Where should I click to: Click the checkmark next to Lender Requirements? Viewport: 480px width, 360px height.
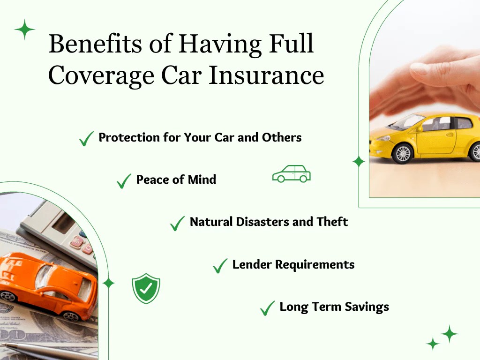(x=220, y=266)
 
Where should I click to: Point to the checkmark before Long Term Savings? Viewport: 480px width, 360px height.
(x=267, y=308)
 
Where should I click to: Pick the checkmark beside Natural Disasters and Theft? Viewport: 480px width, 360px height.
(x=178, y=223)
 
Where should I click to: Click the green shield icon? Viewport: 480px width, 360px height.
(x=146, y=288)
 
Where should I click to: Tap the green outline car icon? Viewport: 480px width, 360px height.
(x=292, y=174)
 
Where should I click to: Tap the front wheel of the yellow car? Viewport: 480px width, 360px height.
(x=403, y=153)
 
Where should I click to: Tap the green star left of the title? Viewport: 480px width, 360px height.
(x=25, y=30)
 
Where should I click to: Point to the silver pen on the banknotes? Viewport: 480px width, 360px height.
(x=37, y=349)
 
